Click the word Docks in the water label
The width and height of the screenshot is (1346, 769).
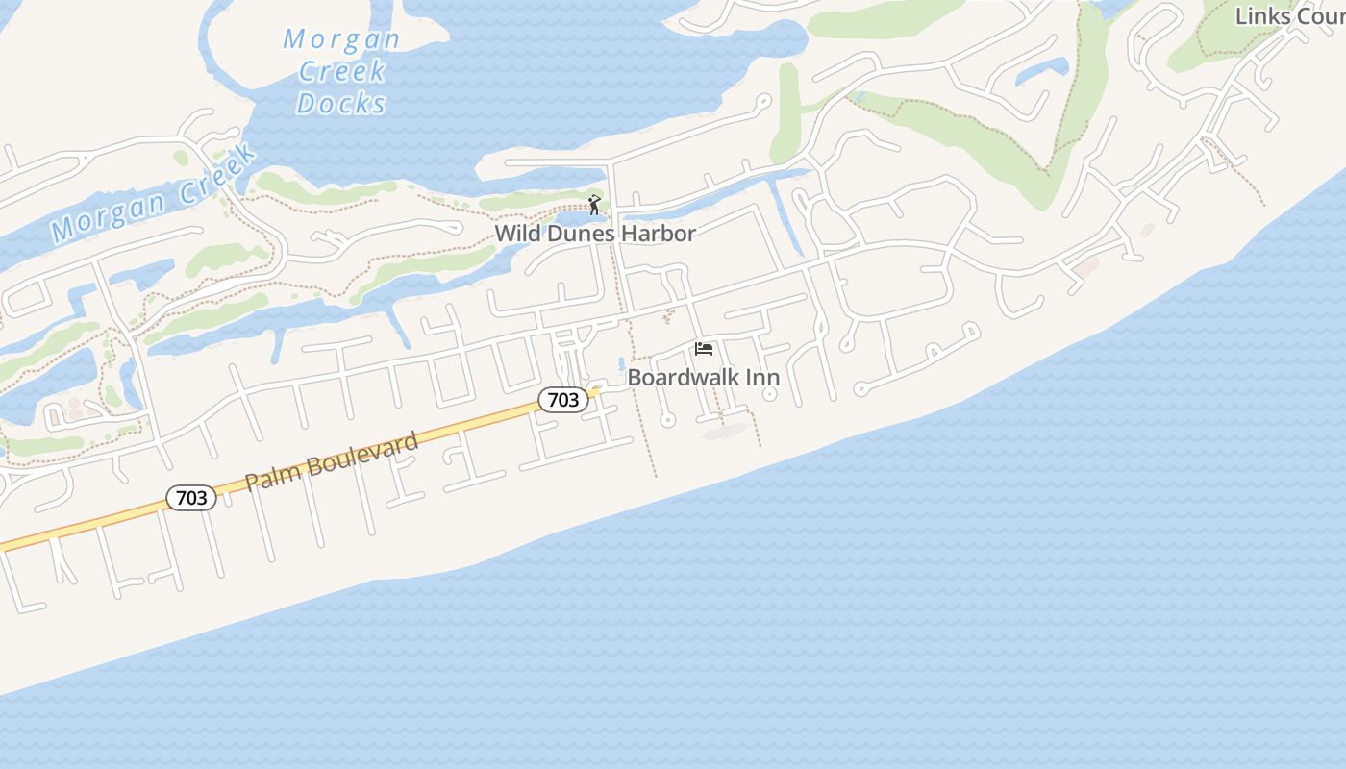click(341, 103)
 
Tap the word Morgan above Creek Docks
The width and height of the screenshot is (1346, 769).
click(341, 39)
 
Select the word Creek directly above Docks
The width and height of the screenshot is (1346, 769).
click(342, 71)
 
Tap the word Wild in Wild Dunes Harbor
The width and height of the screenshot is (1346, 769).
click(516, 234)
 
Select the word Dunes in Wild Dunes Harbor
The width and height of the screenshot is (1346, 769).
click(580, 234)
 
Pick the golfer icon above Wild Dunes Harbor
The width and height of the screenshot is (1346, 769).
click(594, 205)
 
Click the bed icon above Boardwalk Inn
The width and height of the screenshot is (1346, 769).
click(704, 349)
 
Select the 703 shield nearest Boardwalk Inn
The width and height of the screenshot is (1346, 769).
click(562, 400)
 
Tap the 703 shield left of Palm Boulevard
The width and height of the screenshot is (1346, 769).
click(191, 497)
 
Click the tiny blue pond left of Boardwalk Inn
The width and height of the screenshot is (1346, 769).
click(621, 364)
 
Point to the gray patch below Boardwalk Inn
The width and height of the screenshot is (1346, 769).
click(726, 433)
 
